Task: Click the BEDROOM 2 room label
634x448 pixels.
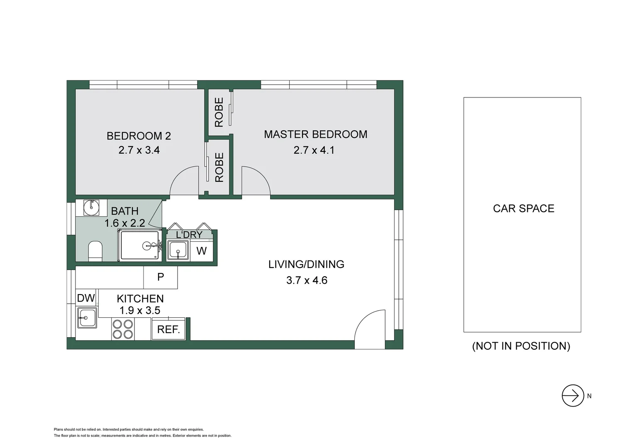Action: [x=139, y=136]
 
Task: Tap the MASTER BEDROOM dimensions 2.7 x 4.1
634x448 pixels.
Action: [x=314, y=150]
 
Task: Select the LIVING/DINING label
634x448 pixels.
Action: [x=306, y=264]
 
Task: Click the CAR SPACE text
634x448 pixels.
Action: [x=523, y=208]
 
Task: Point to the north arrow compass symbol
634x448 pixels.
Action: [x=573, y=395]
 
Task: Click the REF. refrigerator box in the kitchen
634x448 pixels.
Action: [x=168, y=330]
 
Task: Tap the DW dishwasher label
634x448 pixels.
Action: [x=86, y=298]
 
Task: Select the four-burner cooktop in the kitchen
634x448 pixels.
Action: [x=122, y=329]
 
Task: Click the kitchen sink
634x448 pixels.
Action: [x=86, y=318]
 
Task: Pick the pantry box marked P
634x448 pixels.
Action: [x=161, y=277]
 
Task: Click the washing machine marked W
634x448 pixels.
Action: [x=201, y=251]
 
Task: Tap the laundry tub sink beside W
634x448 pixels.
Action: [x=178, y=251]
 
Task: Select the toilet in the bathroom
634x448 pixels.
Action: [x=95, y=251]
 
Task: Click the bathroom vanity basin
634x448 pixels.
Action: [x=91, y=207]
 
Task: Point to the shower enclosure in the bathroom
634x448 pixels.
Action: [x=140, y=246]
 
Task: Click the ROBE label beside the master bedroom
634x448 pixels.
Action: [x=219, y=112]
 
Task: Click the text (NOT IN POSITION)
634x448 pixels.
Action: [x=521, y=346]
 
